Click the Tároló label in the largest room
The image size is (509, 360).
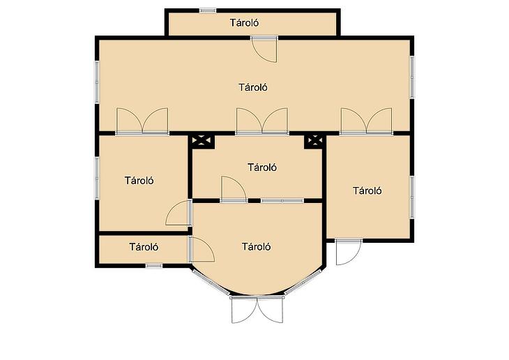253,87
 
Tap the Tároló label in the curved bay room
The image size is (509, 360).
256,246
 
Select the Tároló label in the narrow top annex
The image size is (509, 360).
245,23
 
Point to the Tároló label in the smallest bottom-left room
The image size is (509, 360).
144,247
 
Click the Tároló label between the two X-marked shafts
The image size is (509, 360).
262,167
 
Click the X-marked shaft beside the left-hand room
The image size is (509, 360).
202,141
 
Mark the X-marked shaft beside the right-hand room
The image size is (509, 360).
315,141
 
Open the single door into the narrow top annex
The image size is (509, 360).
264,49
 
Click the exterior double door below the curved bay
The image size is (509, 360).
257,310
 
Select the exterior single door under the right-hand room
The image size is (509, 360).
349,252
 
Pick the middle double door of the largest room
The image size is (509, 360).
262,121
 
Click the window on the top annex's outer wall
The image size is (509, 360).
208,10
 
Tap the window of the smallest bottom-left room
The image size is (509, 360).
154,266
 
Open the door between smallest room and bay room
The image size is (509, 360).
202,249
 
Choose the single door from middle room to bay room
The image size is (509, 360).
234,189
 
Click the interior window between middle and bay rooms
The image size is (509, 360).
282,201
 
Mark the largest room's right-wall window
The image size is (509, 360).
412,77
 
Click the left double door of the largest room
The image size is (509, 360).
142,121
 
